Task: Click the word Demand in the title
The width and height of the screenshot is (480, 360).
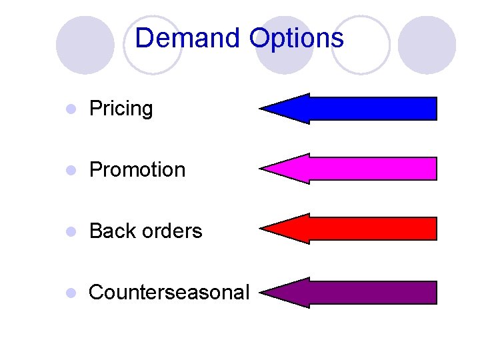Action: pyautogui.click(x=189, y=38)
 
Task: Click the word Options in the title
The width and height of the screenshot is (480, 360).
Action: pyautogui.click(x=297, y=38)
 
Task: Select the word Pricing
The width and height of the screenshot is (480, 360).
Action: pyautogui.click(x=121, y=109)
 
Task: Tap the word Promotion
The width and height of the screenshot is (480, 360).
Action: pyautogui.click(x=137, y=170)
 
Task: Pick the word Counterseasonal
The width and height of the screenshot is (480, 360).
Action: pyautogui.click(x=169, y=292)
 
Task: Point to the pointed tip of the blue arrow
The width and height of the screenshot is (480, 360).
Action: pyautogui.click(x=261, y=109)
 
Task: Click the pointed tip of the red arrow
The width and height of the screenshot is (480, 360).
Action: pyautogui.click(x=261, y=229)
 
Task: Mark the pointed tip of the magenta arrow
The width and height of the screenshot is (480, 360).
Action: pyautogui.click(x=261, y=169)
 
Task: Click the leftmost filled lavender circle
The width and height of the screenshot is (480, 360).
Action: pyautogui.click(x=85, y=45)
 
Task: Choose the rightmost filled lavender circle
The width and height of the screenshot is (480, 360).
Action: pyautogui.click(x=427, y=45)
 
